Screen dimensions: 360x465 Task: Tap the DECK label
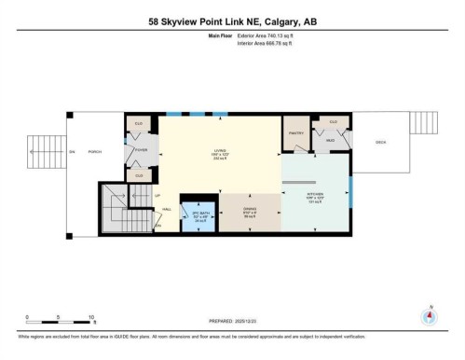click(379, 143)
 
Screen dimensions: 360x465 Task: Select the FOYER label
click(141, 149)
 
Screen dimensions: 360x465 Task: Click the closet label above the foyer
click(138, 123)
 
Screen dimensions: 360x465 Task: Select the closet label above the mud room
click(332, 121)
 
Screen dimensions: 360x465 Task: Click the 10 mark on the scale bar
click(92, 316)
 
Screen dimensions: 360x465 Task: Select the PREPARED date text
click(231, 323)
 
